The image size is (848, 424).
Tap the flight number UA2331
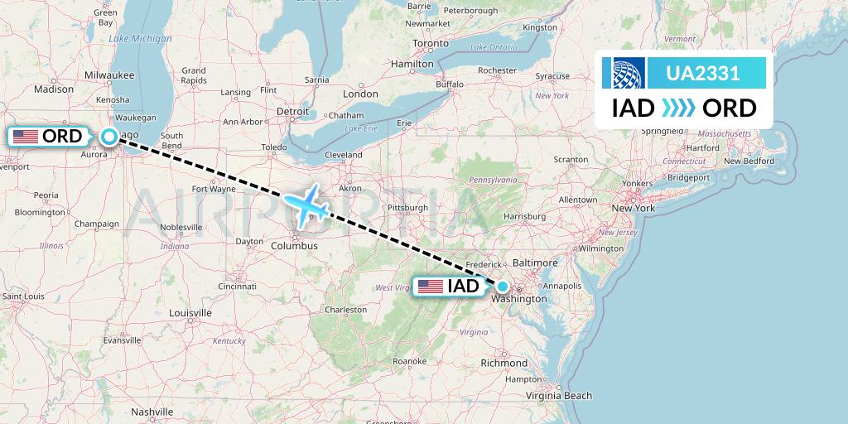[x=703, y=73]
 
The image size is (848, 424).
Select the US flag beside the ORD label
[x=26, y=137]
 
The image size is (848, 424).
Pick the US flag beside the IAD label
[x=431, y=287]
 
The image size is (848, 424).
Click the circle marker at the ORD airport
[x=108, y=137]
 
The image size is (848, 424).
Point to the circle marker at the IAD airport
[x=503, y=287]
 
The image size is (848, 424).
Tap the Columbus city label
[x=294, y=246]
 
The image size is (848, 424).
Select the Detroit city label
[x=291, y=110]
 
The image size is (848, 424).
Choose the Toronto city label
[x=431, y=43]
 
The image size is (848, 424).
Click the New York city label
[x=633, y=208]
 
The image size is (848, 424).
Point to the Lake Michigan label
[x=140, y=39]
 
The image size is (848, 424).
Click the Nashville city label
[x=152, y=412]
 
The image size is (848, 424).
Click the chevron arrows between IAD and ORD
[x=678, y=108]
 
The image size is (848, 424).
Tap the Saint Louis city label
[x=23, y=296]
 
